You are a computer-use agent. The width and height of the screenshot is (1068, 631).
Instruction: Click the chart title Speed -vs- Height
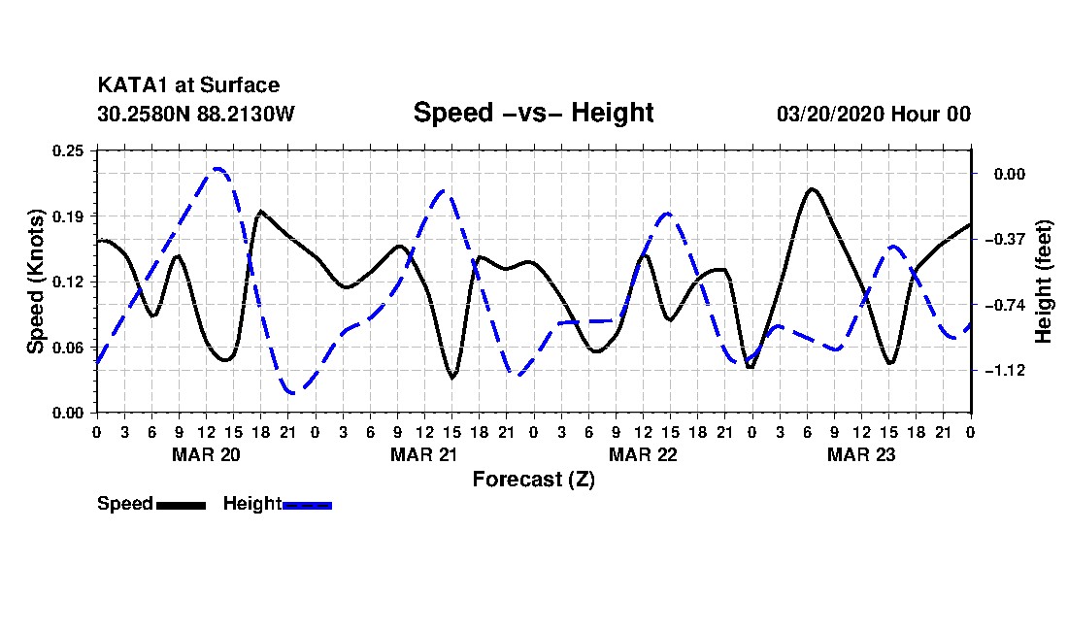(x=533, y=113)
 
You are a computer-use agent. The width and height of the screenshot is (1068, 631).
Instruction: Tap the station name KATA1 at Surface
(x=188, y=85)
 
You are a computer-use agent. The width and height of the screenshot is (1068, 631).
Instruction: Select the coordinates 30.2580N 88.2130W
(x=196, y=114)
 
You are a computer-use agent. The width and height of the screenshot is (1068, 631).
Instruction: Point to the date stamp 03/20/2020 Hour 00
(x=873, y=114)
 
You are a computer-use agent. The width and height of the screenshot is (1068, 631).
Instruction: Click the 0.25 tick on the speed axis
(x=68, y=150)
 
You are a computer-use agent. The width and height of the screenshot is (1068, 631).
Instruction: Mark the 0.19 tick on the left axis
(x=68, y=216)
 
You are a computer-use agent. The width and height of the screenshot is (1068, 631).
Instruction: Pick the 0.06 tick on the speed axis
(x=68, y=348)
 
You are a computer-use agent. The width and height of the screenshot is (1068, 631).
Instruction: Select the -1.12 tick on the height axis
(x=1005, y=370)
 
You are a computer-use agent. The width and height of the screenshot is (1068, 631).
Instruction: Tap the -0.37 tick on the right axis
(x=1005, y=239)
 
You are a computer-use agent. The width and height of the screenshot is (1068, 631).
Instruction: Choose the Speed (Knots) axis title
(x=35, y=282)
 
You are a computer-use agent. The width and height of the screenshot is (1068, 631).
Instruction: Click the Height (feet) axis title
(x=1044, y=282)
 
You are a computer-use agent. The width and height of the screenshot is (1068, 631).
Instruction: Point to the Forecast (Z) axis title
(x=533, y=480)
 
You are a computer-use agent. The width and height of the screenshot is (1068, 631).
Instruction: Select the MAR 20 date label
(x=207, y=454)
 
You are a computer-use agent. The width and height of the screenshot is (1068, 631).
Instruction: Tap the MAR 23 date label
(x=861, y=454)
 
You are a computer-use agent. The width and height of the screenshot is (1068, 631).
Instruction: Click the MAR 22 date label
(x=643, y=454)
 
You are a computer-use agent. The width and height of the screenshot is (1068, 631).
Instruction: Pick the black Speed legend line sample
(x=181, y=505)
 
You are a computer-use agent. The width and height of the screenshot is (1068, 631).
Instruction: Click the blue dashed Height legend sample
(x=307, y=505)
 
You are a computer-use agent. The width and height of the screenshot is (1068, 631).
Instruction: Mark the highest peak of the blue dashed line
(x=217, y=168)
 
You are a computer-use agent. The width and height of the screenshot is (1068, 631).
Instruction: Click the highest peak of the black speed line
(x=812, y=189)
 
